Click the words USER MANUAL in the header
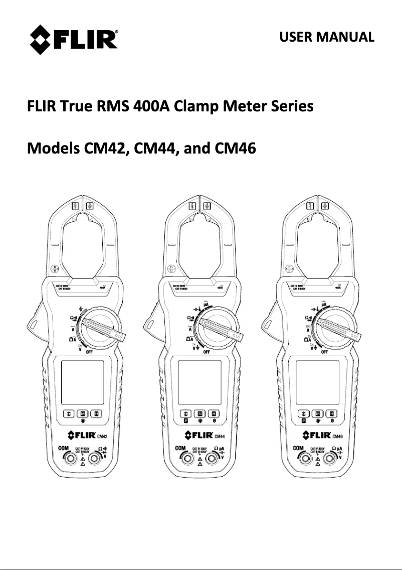coord(326,37)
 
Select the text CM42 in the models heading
coord(103,149)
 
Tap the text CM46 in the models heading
coord(235,149)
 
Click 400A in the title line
coord(153,107)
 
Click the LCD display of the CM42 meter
coord(82,382)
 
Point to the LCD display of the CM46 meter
coord(318,382)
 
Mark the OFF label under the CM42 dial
coord(90,352)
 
